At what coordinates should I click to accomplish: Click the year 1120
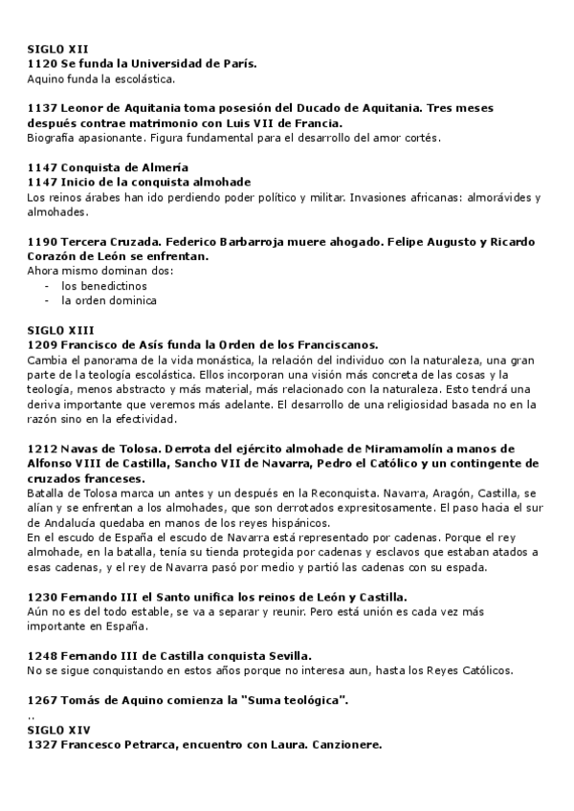(x=42, y=63)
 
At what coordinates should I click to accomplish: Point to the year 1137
(x=42, y=108)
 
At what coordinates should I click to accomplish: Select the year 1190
(x=42, y=242)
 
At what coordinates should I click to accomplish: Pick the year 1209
(x=42, y=344)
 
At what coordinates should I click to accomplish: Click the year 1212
(x=42, y=449)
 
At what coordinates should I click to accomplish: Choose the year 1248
(x=42, y=656)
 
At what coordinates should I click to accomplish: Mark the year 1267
(x=42, y=701)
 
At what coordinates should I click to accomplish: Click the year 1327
(x=42, y=745)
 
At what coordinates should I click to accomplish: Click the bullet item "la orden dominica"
(x=108, y=300)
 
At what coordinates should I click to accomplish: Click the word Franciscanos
(x=326, y=344)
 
